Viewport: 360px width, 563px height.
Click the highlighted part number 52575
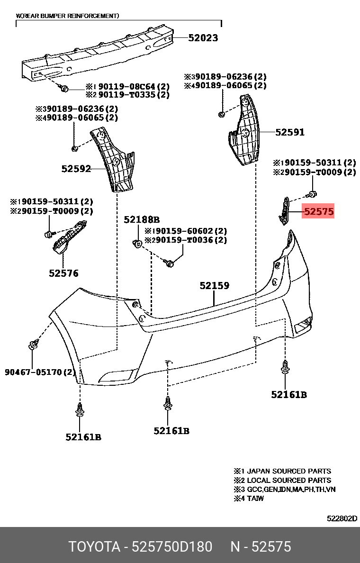319,212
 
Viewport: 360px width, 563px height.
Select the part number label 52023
203,38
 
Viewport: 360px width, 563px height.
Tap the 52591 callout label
290,133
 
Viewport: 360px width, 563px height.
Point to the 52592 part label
76,168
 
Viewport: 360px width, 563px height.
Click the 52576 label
63,273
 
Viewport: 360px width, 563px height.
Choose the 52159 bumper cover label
214,286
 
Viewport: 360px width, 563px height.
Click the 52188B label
142,220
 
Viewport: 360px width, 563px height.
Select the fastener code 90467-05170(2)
40,372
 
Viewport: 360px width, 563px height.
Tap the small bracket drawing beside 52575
284,211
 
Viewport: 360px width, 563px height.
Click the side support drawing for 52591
244,133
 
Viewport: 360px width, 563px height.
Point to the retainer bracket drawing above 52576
70,237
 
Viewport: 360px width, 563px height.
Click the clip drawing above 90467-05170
33,345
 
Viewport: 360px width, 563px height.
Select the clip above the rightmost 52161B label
285,369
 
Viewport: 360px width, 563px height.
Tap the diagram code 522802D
342,518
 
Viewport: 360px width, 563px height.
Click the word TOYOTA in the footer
94,547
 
